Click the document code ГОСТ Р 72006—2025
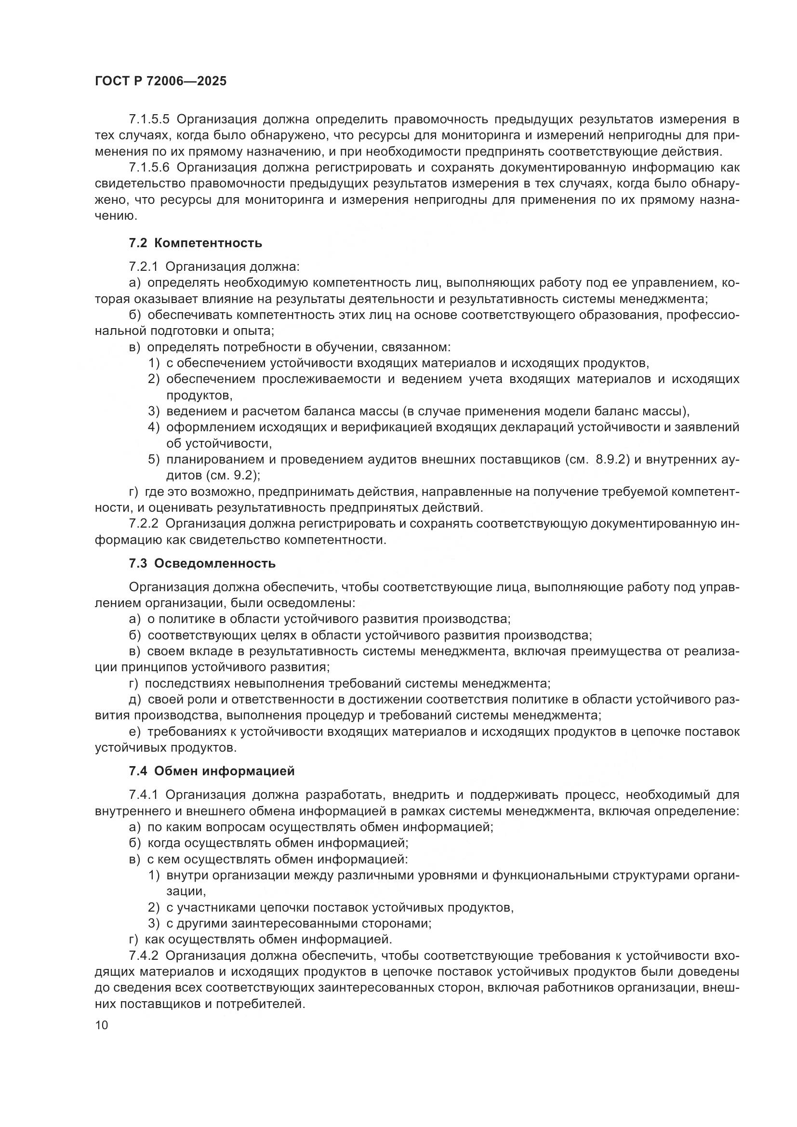160,81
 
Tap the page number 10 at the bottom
102,1025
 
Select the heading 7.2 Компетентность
195,243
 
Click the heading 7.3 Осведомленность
202,564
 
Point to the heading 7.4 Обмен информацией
212,771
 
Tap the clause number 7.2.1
143,266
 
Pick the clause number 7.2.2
143,523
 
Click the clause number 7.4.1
143,795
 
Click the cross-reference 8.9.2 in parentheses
612,460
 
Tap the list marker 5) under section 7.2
154,460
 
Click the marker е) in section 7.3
135,732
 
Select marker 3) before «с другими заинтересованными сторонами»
154,923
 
